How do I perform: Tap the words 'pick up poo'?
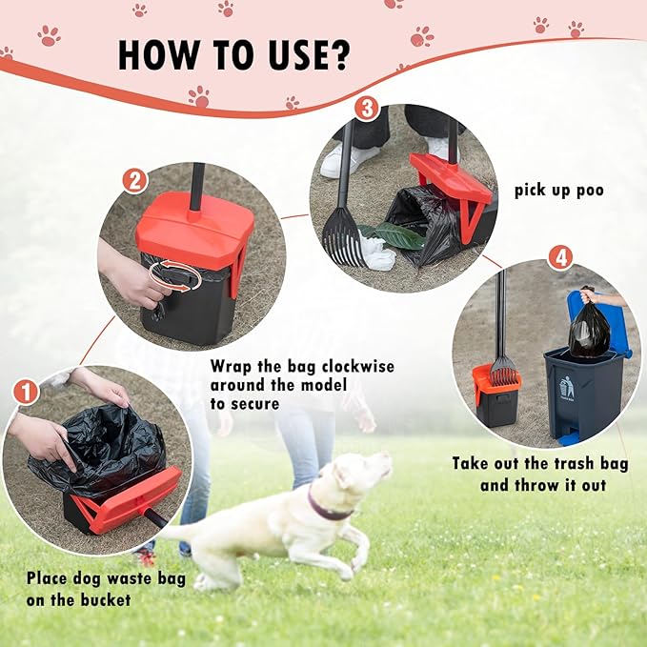pyautogui.click(x=558, y=190)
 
